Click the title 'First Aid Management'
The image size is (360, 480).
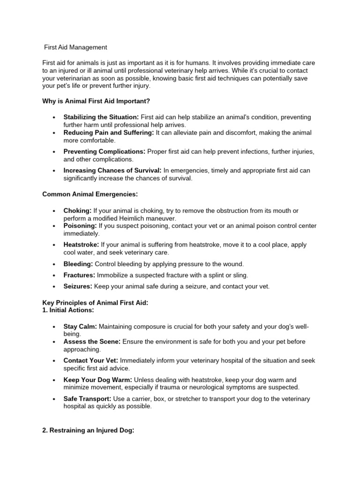pyautogui.click(x=75, y=47)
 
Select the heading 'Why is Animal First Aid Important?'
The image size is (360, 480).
pyautogui.click(x=96, y=101)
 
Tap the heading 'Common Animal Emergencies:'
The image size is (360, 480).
pyautogui.click(x=90, y=194)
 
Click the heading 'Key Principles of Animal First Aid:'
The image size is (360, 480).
pyautogui.click(x=95, y=303)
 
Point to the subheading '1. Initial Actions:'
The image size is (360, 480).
pyautogui.click(x=68, y=310)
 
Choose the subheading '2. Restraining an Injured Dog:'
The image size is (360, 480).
pyautogui.click(x=89, y=430)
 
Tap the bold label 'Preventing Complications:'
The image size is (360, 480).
pyautogui.click(x=105, y=152)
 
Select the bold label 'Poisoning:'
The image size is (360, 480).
pyautogui.click(x=80, y=226)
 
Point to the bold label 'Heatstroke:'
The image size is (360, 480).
pyautogui.click(x=82, y=245)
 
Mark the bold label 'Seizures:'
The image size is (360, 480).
pyautogui.click(x=78, y=286)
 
